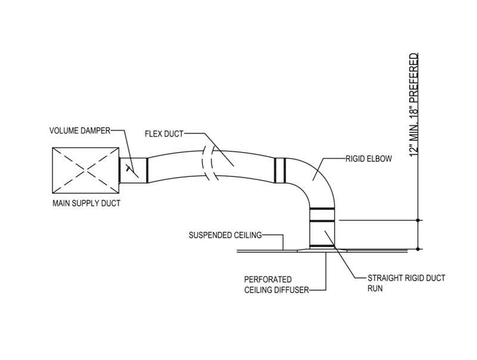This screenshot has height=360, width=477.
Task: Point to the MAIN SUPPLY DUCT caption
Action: (x=86, y=204)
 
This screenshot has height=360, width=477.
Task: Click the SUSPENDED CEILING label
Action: (x=225, y=235)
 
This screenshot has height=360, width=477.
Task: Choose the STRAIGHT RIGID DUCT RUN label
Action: (x=407, y=283)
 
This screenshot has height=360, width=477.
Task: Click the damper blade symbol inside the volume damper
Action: (x=128, y=169)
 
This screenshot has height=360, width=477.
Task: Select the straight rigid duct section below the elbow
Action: (x=323, y=230)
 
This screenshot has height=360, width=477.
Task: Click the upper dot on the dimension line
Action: (x=419, y=220)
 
